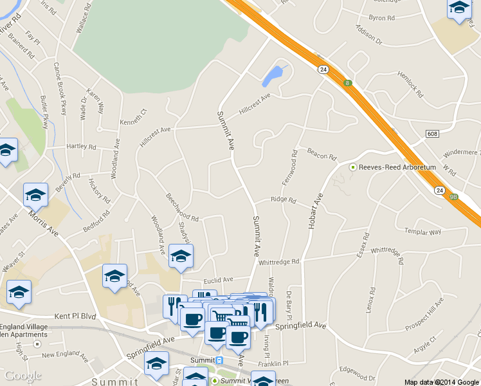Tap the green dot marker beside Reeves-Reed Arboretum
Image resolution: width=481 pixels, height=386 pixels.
(352, 167)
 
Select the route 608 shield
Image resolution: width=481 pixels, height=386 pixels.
(432, 133)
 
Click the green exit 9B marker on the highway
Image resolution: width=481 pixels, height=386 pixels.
(454, 197)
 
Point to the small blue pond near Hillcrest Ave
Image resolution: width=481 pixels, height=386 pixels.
(273, 77)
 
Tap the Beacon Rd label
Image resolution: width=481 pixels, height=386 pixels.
(322, 154)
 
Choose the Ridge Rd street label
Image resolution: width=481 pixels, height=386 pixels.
(283, 200)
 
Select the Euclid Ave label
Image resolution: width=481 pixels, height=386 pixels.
(217, 280)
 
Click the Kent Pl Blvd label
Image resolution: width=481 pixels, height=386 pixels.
(75, 317)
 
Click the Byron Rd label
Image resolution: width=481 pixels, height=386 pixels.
(382, 18)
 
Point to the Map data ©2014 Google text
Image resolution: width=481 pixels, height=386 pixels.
(442, 381)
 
